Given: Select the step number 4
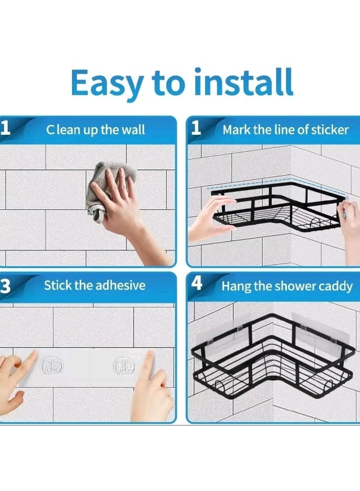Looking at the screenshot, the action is click(x=196, y=283).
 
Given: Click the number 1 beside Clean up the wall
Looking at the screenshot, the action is click(x=5, y=128).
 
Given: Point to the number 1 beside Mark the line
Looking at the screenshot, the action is click(x=196, y=128).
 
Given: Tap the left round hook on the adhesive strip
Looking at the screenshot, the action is click(x=52, y=366).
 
